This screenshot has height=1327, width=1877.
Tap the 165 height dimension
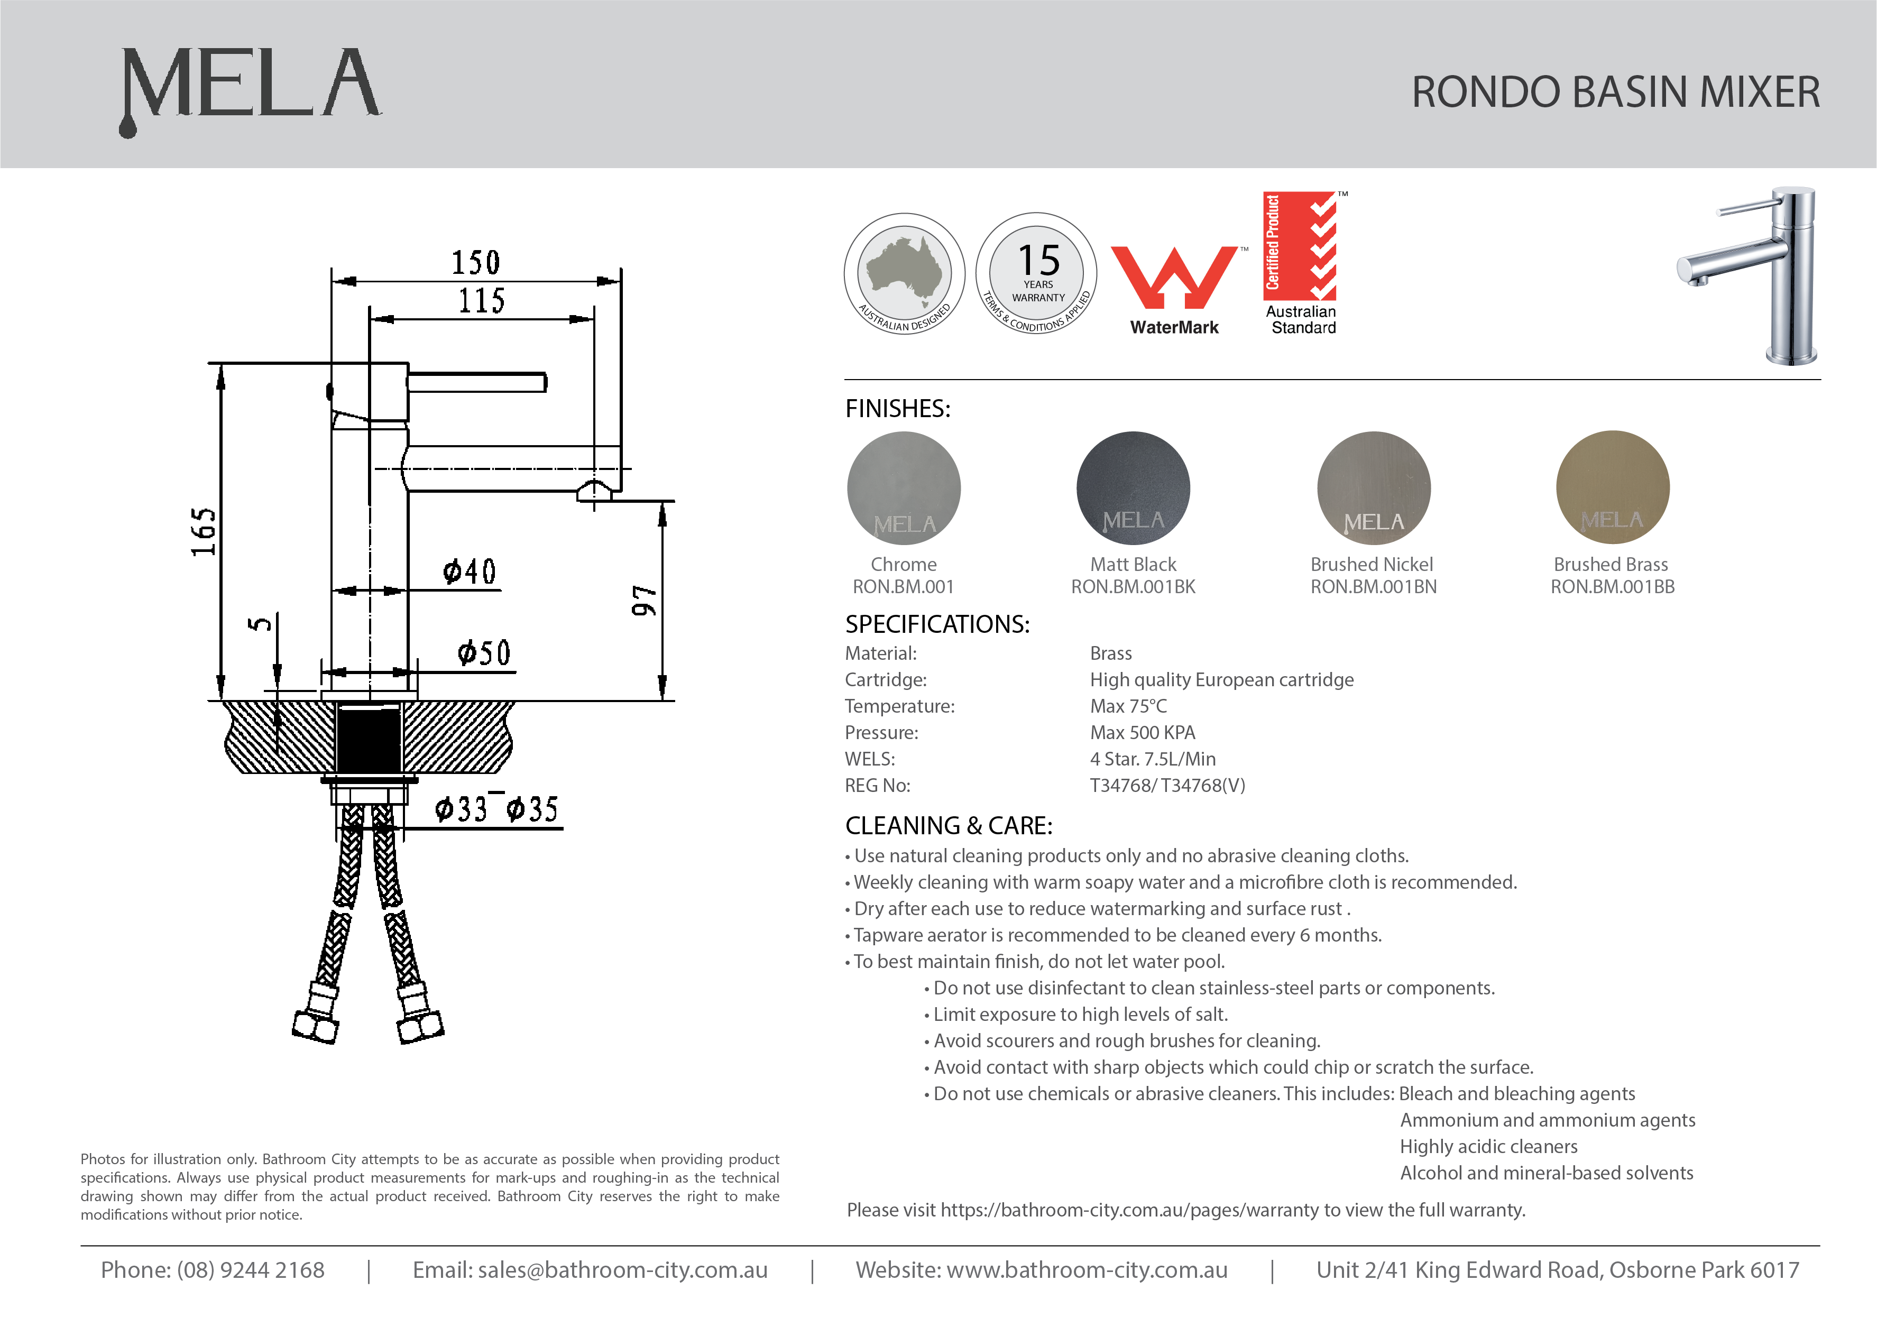(x=204, y=531)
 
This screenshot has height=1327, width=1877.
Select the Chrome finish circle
(x=904, y=488)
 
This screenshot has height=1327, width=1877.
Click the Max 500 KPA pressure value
(x=1142, y=733)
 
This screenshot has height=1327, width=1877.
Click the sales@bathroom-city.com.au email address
(x=622, y=1270)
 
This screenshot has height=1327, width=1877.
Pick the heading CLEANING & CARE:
(x=949, y=826)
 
